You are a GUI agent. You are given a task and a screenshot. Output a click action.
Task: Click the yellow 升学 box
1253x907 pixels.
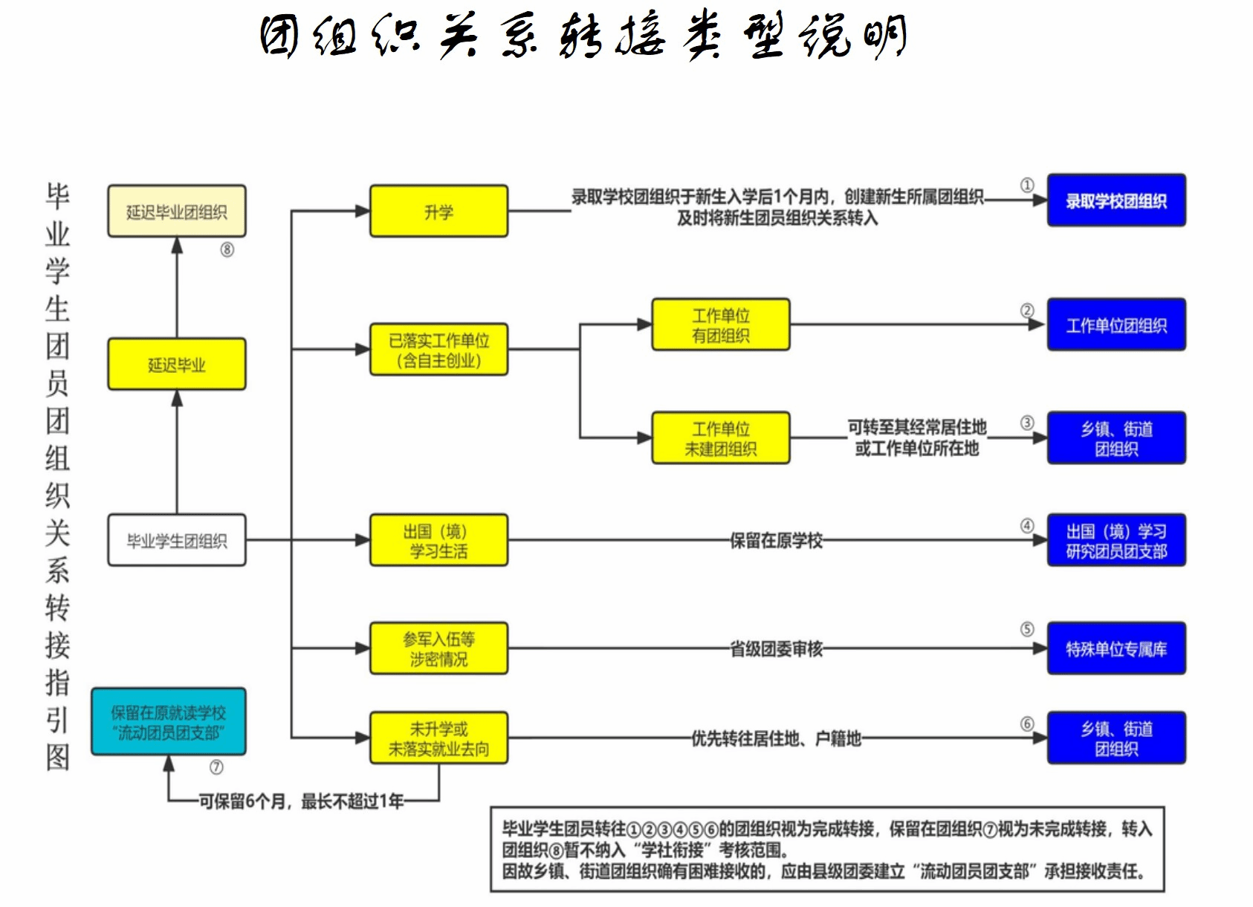point(438,212)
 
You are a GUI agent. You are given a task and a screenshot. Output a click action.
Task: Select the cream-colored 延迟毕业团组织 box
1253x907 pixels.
point(176,212)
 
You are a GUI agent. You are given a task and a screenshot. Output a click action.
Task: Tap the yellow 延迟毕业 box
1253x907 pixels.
point(176,364)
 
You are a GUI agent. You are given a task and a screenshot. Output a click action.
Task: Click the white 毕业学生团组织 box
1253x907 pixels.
point(176,540)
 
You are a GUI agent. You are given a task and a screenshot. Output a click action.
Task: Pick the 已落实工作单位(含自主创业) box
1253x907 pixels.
point(438,350)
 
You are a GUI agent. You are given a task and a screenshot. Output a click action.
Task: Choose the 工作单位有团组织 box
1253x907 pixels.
point(720,325)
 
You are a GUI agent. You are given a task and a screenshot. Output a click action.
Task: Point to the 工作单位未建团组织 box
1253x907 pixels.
point(720,438)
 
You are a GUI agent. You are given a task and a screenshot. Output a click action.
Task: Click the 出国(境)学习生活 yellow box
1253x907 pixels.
point(438,540)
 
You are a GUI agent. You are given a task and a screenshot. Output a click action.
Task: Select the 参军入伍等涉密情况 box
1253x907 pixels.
point(438,648)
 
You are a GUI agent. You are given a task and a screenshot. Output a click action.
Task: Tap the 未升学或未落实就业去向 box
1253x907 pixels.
point(438,738)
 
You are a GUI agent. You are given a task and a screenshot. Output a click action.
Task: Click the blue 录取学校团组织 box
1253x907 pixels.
point(1116,201)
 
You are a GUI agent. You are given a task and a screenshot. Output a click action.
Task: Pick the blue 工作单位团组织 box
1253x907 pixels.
point(1116,325)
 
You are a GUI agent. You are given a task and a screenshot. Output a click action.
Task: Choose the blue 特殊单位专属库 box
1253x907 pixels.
point(1116,648)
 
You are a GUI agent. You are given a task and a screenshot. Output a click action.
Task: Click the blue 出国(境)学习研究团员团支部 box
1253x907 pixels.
point(1116,540)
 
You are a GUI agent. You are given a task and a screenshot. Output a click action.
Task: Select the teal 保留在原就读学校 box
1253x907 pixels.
point(168,722)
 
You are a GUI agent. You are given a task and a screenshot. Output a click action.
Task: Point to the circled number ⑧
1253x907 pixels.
point(227,250)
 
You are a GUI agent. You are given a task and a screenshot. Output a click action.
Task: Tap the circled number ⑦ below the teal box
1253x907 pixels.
point(216,767)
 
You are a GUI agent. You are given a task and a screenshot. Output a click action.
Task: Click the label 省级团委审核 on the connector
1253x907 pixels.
point(776,648)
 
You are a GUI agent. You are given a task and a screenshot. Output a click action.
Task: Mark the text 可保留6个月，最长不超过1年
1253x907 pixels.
point(301,801)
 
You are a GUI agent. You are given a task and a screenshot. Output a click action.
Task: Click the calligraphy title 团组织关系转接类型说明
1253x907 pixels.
point(583,36)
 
